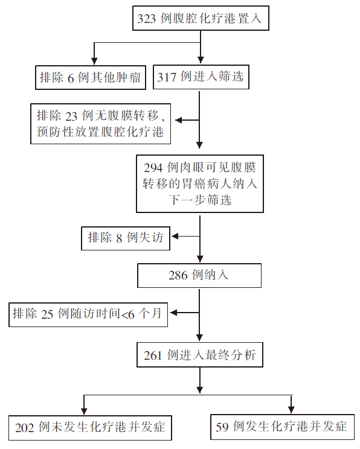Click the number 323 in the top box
click(x=146, y=19)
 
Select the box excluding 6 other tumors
click(x=91, y=78)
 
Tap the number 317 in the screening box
click(x=166, y=77)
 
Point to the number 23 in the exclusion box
click(x=71, y=116)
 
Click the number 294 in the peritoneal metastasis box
click(x=153, y=168)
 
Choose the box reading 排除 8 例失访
click(x=126, y=238)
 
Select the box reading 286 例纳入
click(x=199, y=275)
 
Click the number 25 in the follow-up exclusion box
click(x=47, y=314)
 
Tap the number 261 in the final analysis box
click(x=153, y=355)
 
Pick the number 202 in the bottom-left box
click(x=24, y=428)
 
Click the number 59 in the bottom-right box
click(x=222, y=427)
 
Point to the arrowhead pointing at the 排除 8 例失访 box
click(x=175, y=236)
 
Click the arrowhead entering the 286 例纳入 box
click(x=200, y=259)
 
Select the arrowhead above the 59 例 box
click(x=291, y=410)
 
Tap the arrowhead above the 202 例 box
click(x=84, y=410)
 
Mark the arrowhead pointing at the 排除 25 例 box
click(x=174, y=313)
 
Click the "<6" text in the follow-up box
click(x=128, y=314)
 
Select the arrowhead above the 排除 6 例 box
click(x=94, y=61)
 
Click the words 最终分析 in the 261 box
click(x=231, y=355)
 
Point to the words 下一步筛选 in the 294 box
click(x=200, y=200)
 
